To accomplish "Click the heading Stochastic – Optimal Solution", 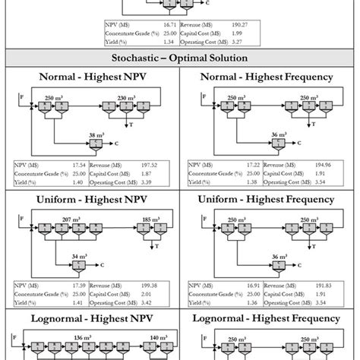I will point(179,56).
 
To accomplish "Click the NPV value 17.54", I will point(77,165).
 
